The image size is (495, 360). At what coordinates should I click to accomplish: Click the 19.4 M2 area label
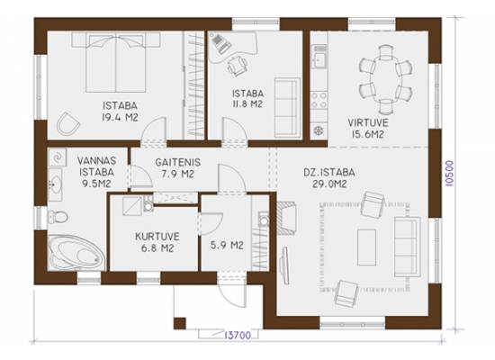(121, 118)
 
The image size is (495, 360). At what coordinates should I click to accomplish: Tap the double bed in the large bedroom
(116, 63)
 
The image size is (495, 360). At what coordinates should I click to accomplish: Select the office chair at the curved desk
(238, 66)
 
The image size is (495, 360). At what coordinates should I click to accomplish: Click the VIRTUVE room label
(368, 122)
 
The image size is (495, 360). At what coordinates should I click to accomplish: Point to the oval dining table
(385, 79)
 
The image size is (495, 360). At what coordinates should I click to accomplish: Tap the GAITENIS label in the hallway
(177, 162)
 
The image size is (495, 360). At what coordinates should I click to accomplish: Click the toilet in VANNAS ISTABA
(58, 217)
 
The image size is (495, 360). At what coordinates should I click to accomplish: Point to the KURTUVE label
(157, 237)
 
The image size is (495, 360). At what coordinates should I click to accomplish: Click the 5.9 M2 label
(227, 245)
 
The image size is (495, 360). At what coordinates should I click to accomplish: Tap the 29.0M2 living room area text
(329, 184)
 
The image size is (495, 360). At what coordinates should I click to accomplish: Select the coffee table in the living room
(366, 247)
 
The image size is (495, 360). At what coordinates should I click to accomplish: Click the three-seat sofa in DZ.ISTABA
(408, 247)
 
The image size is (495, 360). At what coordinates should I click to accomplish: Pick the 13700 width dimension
(238, 335)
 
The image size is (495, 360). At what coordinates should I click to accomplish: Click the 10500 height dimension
(449, 174)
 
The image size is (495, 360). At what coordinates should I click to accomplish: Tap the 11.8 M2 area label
(247, 103)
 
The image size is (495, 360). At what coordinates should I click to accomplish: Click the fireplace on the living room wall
(286, 218)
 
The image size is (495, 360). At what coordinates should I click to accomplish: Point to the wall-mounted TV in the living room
(285, 265)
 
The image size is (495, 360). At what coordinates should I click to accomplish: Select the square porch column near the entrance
(180, 323)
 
